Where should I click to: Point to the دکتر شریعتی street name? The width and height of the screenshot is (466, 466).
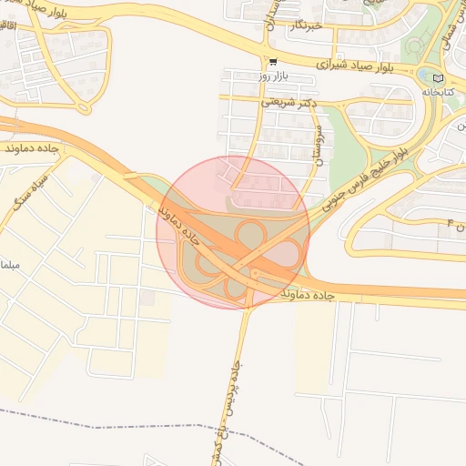tap(289, 102)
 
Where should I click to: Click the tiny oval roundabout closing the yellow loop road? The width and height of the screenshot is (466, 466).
tap(85, 106)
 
